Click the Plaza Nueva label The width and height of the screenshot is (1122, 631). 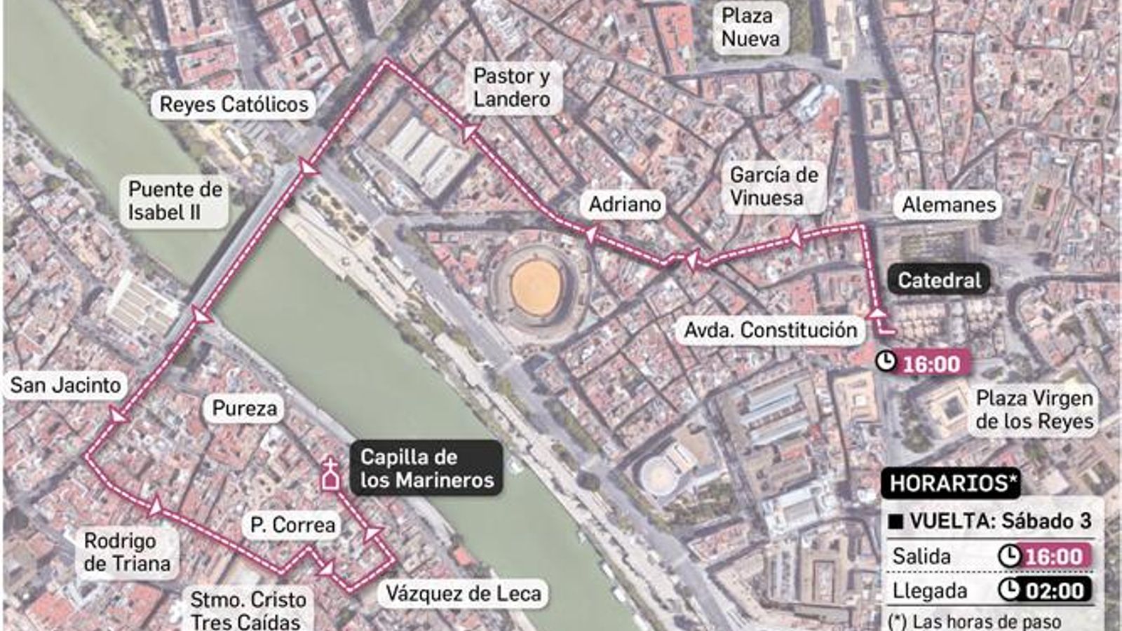point(750,27)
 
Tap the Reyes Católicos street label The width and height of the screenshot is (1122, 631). point(234,104)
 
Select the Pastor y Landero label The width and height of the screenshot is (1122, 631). point(511,88)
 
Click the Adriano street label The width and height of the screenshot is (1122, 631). point(624,204)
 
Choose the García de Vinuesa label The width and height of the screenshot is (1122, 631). point(773,186)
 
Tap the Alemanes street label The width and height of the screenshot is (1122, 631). point(948,205)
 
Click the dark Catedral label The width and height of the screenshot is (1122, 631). point(939,280)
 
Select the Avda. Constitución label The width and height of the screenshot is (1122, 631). point(770,330)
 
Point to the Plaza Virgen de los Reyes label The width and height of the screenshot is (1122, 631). point(1034,409)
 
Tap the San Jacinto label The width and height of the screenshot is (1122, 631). point(65,385)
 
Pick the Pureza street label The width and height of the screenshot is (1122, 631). point(244,408)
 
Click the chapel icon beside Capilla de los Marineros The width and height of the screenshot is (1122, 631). point(330,475)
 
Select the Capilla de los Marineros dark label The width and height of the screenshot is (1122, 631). point(426,468)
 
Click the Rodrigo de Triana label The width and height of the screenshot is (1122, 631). point(127,552)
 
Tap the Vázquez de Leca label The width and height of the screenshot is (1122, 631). point(464,594)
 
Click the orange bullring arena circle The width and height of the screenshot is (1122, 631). point(536,285)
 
